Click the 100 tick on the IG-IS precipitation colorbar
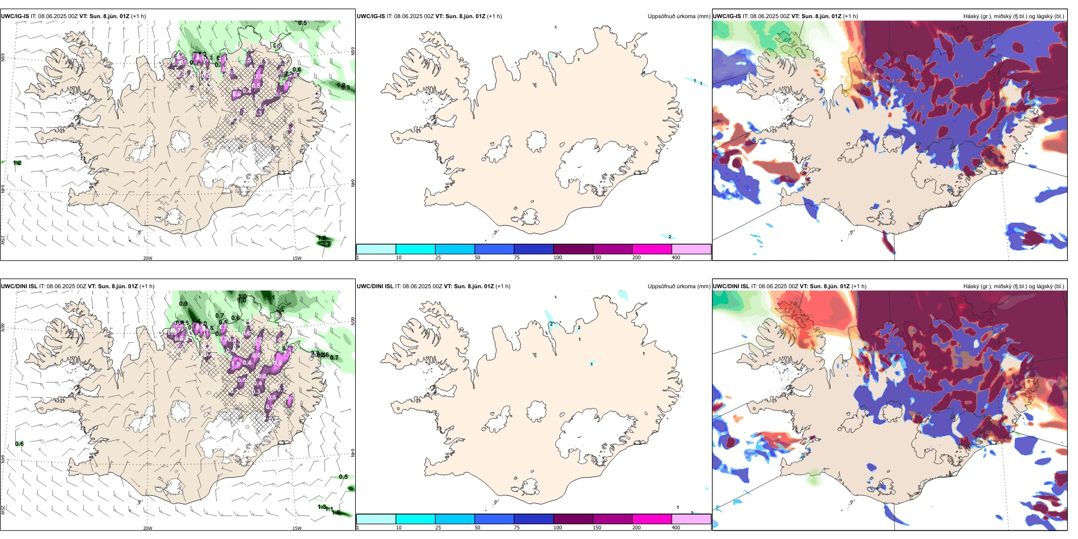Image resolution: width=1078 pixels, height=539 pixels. [558, 258]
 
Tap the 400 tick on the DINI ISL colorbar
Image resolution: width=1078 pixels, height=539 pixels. [676, 528]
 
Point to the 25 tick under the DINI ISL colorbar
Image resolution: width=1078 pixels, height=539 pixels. [438, 528]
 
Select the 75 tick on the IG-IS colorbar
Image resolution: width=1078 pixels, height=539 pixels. [517, 258]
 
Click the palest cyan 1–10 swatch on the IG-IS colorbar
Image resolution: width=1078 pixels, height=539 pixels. [376, 249]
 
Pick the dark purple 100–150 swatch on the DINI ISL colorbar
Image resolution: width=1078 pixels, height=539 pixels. [572, 519]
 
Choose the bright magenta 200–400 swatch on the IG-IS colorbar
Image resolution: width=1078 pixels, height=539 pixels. [651, 249]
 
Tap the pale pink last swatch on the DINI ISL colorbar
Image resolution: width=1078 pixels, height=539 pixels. [691, 519]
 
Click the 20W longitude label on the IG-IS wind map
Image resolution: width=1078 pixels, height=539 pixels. [148, 258]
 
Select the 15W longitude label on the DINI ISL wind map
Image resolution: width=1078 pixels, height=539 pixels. [297, 528]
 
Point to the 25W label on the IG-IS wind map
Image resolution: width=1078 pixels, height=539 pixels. [3, 240]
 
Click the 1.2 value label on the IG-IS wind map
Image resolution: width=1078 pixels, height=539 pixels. [17, 163]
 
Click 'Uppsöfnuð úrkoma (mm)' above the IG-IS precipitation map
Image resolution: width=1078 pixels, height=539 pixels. [679, 16]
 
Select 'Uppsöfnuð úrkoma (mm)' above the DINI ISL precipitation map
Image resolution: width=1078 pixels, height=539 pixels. [679, 287]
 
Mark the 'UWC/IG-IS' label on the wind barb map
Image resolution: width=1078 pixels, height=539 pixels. [15, 16]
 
